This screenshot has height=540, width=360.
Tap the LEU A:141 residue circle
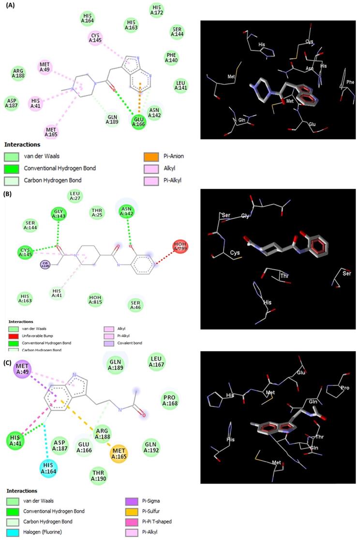(180, 85)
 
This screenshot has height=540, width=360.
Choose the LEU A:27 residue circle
(75, 195)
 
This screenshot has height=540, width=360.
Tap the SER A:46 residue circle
(136, 304)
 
